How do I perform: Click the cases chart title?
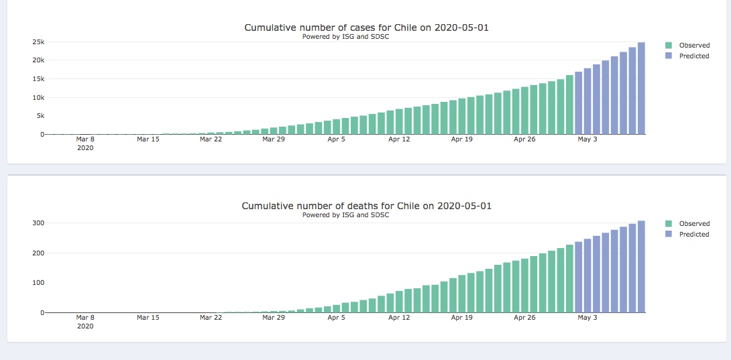point(370,27)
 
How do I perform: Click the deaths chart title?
point(366,206)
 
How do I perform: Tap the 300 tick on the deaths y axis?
point(38,223)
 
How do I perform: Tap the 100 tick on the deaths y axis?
point(38,283)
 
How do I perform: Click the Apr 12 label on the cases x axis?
point(398,139)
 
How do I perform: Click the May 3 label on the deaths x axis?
point(587,318)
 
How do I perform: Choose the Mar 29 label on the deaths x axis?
point(274,318)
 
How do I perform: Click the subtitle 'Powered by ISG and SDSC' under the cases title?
point(345,37)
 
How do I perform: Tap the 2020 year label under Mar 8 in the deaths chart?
point(85,326)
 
